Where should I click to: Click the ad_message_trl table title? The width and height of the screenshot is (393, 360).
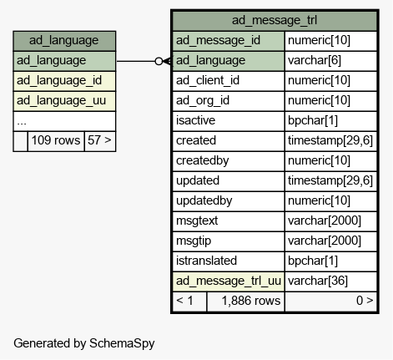point(275,20)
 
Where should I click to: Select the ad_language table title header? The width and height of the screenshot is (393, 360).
point(64,41)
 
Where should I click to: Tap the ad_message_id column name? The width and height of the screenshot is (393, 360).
point(218,41)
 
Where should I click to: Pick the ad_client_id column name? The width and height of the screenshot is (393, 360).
point(208,81)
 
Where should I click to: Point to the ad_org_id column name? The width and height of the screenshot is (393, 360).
point(203,101)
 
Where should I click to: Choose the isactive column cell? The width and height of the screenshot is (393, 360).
point(229,121)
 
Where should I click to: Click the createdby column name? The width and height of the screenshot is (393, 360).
point(203,160)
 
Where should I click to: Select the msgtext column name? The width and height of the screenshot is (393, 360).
point(197,221)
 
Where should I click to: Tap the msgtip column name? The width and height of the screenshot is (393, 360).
point(194,241)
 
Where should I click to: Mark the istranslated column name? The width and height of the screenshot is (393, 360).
point(206,261)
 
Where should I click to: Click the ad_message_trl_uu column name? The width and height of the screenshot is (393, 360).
point(229,281)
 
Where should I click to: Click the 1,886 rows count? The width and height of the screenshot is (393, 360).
point(251,301)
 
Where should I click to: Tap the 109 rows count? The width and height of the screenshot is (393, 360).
point(56,140)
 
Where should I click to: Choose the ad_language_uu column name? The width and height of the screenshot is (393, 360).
point(61,101)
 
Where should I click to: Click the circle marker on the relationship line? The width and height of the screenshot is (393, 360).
point(159,61)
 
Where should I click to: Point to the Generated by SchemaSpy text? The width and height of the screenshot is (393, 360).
point(84,343)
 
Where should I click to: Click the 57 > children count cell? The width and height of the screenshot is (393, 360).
point(100,141)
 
